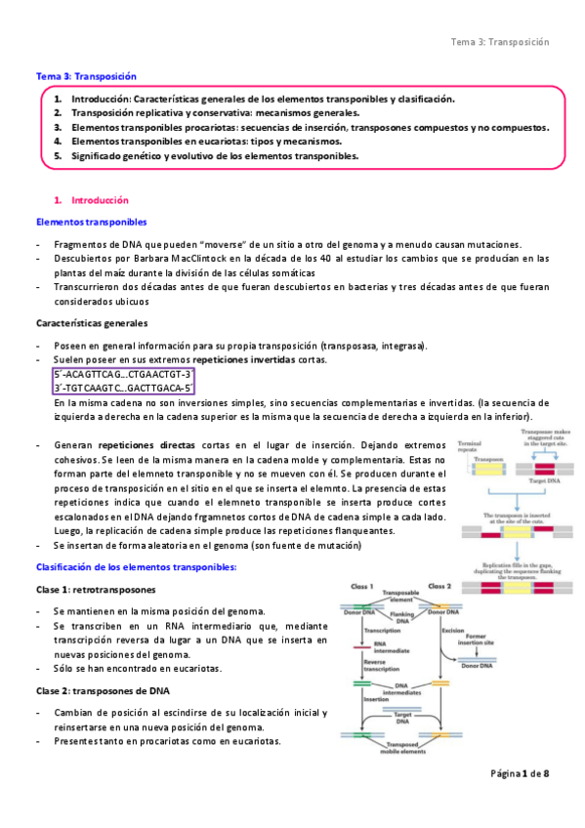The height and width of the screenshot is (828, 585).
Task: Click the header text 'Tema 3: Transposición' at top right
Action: (x=500, y=42)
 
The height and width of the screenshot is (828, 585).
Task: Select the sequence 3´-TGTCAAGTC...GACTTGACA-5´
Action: (x=123, y=388)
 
